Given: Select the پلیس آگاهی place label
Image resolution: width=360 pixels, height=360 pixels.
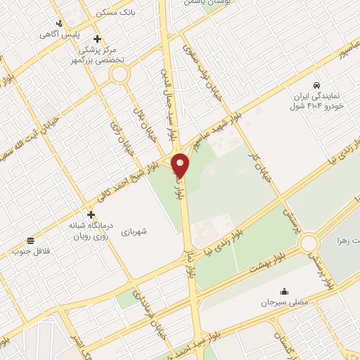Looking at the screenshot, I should [58, 34].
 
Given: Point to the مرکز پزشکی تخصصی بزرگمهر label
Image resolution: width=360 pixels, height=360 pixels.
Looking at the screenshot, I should [108, 53].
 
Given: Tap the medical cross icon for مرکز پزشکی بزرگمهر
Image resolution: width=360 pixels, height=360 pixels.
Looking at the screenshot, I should [97, 39].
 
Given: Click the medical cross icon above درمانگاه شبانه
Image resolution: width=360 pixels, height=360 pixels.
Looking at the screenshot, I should [91, 214].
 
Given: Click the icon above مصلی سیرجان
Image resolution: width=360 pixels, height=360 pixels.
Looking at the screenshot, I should [284, 291].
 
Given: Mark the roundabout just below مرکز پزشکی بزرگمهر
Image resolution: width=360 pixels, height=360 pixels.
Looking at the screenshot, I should [119, 73].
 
